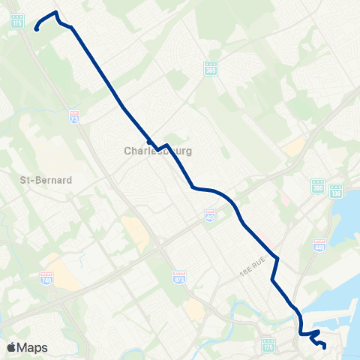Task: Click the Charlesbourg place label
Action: tap(158, 151)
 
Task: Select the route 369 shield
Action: tap(211, 67)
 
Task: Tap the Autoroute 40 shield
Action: tap(211, 215)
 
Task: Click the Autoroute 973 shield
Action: tap(178, 275)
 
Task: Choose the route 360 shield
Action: tap(318, 186)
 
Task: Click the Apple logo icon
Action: tap(12, 347)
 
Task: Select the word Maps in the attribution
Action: tap(33, 347)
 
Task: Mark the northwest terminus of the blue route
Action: tap(36, 30)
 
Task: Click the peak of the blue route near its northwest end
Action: tap(55, 13)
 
